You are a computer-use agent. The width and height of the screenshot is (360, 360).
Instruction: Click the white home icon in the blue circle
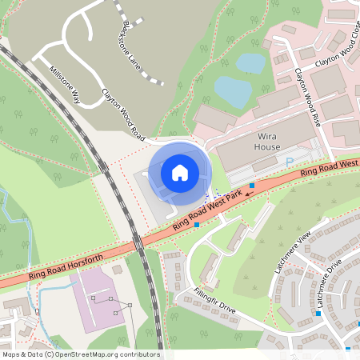point(180,172)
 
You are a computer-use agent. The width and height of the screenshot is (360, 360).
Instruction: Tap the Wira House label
point(267,142)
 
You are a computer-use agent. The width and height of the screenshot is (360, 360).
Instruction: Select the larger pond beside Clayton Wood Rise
point(233,91)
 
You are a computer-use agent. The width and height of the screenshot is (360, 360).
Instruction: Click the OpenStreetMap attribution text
point(80,354)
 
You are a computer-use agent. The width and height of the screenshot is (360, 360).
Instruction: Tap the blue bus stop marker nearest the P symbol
point(253,185)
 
